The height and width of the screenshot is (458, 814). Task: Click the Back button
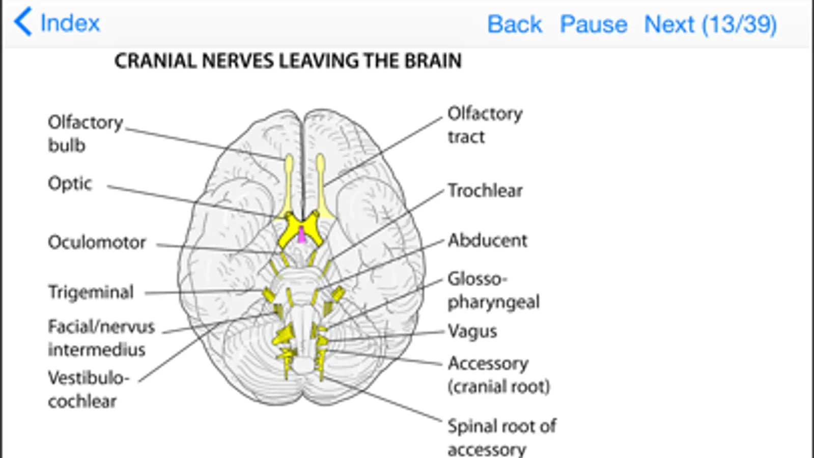[x=514, y=24]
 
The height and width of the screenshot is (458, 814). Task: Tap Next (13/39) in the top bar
[x=710, y=24]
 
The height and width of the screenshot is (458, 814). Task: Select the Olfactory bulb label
[x=85, y=133]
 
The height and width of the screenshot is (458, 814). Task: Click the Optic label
[x=70, y=183]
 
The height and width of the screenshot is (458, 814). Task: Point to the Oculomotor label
[x=97, y=242]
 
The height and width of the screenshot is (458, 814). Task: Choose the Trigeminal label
[x=91, y=292]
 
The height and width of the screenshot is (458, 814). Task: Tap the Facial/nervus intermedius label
[x=101, y=338]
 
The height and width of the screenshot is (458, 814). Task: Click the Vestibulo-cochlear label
[x=88, y=389]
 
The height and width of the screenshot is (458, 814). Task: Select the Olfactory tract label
[x=485, y=125]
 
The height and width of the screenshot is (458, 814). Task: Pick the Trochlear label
[x=485, y=190]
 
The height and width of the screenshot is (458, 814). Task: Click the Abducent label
[x=487, y=240]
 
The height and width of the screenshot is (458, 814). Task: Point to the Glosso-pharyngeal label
[x=493, y=290]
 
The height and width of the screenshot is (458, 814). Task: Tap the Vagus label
[x=472, y=331]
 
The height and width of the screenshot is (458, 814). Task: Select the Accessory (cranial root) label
[x=498, y=375]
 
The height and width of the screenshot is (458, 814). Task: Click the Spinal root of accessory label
[x=501, y=437]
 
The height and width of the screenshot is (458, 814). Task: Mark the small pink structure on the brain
[x=302, y=235]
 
